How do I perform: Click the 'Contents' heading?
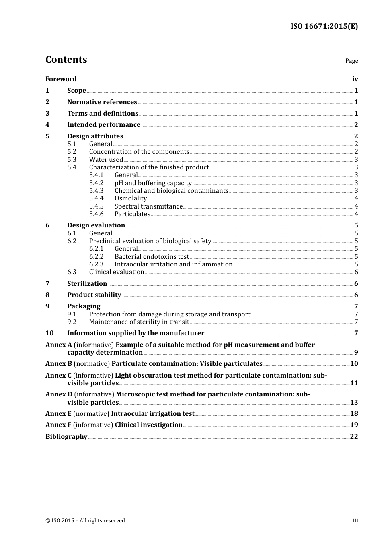click(66, 60)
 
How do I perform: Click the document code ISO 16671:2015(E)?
click(324, 26)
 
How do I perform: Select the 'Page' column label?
click(351, 61)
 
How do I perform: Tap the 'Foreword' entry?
click(61, 79)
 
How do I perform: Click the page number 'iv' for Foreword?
click(355, 79)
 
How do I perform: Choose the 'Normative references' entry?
click(102, 102)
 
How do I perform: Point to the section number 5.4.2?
click(96, 183)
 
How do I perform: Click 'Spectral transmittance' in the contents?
click(148, 206)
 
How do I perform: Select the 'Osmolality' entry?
click(130, 198)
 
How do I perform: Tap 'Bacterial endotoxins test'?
click(152, 257)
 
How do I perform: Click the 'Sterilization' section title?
click(87, 284)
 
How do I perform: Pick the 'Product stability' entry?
click(94, 295)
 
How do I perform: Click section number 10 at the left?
click(49, 333)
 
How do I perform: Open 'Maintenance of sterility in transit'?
click(139, 322)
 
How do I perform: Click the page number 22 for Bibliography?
click(354, 437)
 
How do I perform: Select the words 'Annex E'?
click(58, 414)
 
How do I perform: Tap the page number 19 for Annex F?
click(354, 425)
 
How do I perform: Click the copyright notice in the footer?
click(85, 521)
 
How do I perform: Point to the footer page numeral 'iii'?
click(355, 520)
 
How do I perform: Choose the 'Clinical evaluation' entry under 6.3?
click(116, 272)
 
